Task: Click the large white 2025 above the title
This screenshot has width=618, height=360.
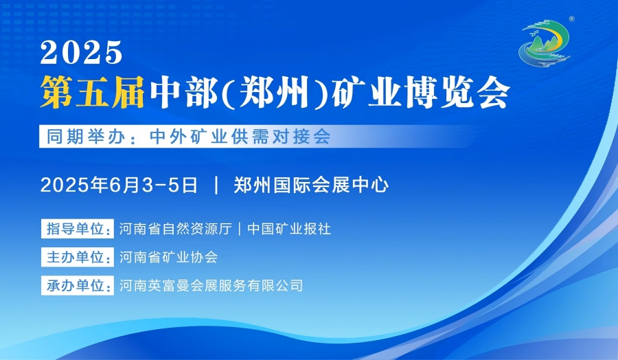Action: pos(81,52)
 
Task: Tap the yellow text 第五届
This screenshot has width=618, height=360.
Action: pos(93,92)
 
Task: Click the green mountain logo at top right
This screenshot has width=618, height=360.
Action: pos(545,43)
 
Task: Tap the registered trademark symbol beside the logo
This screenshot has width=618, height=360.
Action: pos(571,19)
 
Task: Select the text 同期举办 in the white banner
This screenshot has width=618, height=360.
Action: pos(86,137)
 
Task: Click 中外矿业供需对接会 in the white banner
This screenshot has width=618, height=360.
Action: pos(240,137)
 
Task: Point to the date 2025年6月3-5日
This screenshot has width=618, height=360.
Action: pos(119,185)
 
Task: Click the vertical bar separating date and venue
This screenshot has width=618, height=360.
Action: pos(216,185)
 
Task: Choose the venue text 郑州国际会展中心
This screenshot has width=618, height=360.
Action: pos(311,185)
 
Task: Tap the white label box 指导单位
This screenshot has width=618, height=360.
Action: pos(77,229)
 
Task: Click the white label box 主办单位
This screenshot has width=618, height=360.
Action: pos(77,257)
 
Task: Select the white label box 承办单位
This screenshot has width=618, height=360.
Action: pos(77,286)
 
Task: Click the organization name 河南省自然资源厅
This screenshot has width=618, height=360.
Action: pos(176,229)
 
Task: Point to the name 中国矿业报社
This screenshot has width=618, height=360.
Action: pos(289,229)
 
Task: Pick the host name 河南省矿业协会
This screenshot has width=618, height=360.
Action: pos(169,257)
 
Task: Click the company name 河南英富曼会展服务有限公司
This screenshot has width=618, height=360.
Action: pos(211,286)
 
